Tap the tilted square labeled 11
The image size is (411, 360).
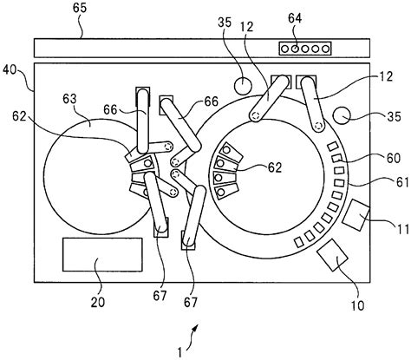[x=356, y=215]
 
